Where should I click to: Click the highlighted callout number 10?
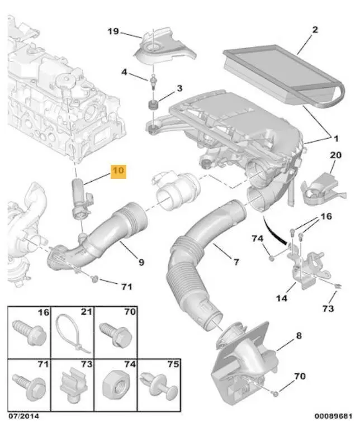pos(119,171)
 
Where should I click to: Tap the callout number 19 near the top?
pos(113,31)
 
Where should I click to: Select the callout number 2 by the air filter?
pos(315,30)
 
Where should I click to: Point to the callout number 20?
pos(335,155)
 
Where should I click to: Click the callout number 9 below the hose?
pos(141,262)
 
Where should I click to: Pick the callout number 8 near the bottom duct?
pos(299,335)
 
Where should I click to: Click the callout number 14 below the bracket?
pos(282,298)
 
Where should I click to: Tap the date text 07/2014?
pos(23,416)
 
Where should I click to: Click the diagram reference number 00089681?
pos(333,416)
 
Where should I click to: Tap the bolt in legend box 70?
pos(116,334)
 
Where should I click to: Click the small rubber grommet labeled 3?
pos(153,105)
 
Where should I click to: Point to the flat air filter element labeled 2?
pos(283,75)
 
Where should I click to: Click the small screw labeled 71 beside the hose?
pos(94,278)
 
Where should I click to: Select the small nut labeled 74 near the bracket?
pos(272,258)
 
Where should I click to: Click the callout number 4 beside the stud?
pos(124,72)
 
